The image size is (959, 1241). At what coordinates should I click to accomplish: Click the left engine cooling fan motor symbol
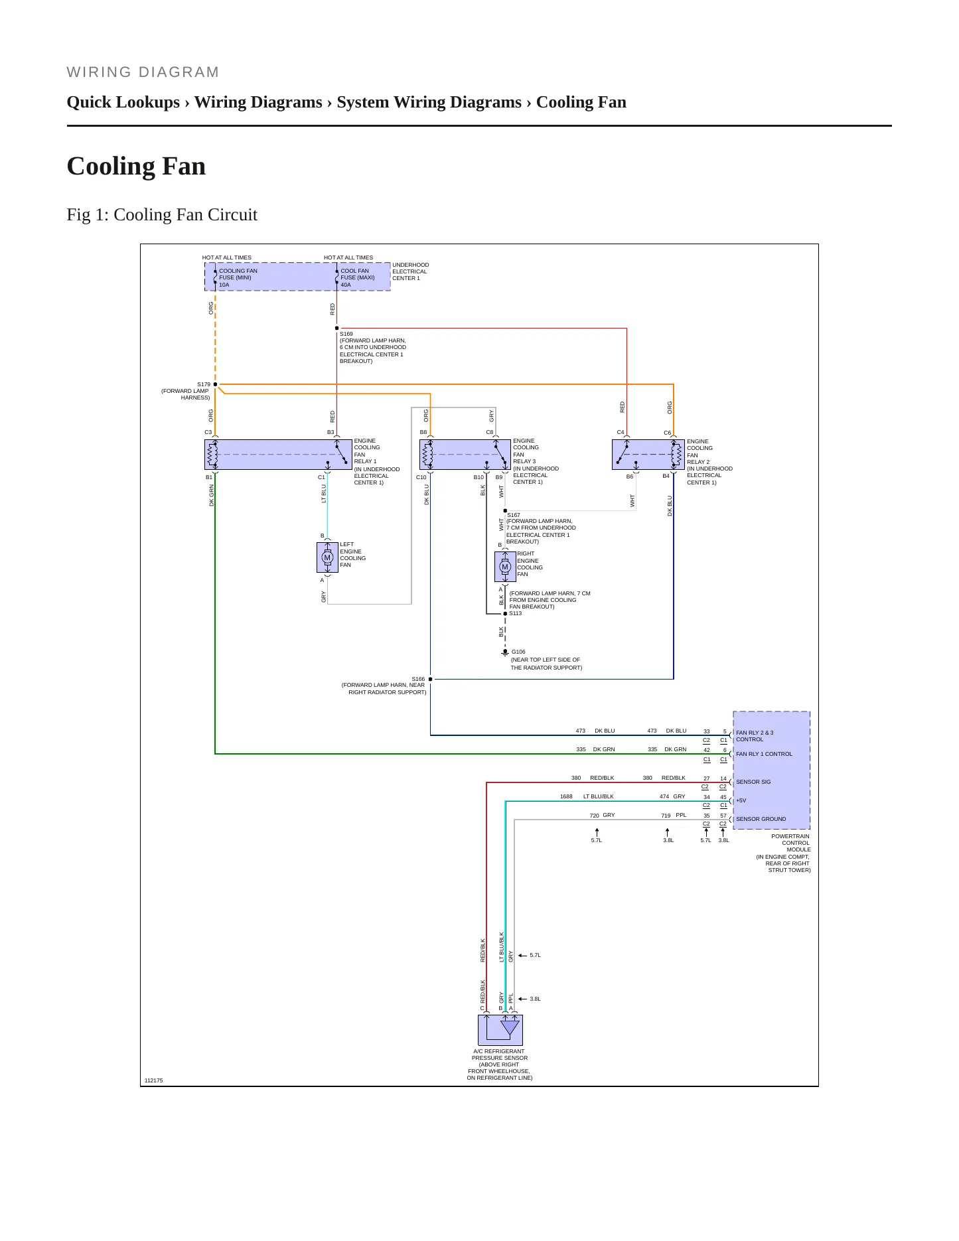tap(327, 557)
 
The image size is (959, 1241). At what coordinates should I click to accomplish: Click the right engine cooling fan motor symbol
tap(505, 567)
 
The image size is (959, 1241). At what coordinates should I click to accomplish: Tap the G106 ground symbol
tap(505, 653)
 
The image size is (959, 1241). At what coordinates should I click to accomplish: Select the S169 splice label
tap(346, 334)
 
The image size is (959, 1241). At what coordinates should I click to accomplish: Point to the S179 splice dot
tap(215, 384)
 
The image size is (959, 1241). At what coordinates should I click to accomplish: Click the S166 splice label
tap(418, 679)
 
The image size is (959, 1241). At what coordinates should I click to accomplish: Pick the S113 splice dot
tap(505, 614)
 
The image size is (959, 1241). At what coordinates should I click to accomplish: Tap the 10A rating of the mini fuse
tap(224, 285)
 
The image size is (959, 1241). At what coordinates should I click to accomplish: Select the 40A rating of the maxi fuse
tap(346, 285)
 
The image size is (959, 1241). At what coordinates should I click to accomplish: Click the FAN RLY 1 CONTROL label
tap(764, 754)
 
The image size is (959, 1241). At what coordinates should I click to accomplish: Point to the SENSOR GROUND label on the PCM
tap(761, 819)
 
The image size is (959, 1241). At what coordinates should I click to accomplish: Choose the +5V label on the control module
tap(741, 800)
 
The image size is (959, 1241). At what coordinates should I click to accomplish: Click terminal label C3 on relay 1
tap(208, 432)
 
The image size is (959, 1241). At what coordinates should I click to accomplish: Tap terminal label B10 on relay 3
tap(479, 477)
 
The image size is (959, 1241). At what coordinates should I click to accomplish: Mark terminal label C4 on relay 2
tap(621, 432)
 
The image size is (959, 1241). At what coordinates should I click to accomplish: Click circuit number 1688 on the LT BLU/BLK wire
tap(566, 796)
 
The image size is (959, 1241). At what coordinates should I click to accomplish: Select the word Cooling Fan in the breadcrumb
tap(581, 102)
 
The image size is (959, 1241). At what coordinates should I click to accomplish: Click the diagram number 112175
tap(153, 1080)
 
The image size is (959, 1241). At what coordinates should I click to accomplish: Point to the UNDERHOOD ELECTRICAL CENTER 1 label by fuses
tap(411, 271)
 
